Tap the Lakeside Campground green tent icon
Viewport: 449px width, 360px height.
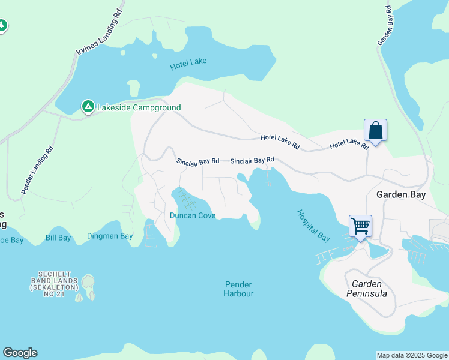[x=88, y=107]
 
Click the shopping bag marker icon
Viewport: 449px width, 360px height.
[x=375, y=130]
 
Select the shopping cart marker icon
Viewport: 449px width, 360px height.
[x=360, y=226]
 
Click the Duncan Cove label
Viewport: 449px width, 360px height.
[x=192, y=215]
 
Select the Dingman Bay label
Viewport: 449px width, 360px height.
[x=110, y=236]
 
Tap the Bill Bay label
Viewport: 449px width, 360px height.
[x=58, y=238]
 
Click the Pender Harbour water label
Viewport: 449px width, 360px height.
[x=238, y=289]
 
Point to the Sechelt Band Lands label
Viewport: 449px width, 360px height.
[x=54, y=284]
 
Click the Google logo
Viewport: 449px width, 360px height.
[x=20, y=353]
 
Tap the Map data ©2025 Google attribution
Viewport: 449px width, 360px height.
[x=412, y=355]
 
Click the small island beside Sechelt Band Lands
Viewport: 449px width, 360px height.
[x=88, y=282]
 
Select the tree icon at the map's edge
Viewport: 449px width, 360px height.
[x=2, y=26]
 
